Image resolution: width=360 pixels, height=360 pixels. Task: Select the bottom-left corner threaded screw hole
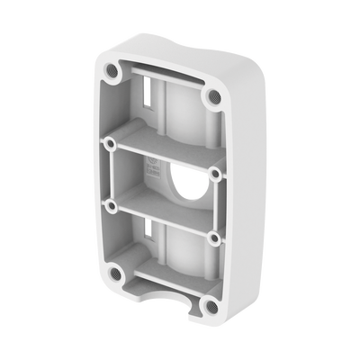point(115,272)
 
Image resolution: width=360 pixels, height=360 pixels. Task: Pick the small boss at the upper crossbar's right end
point(217,172)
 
